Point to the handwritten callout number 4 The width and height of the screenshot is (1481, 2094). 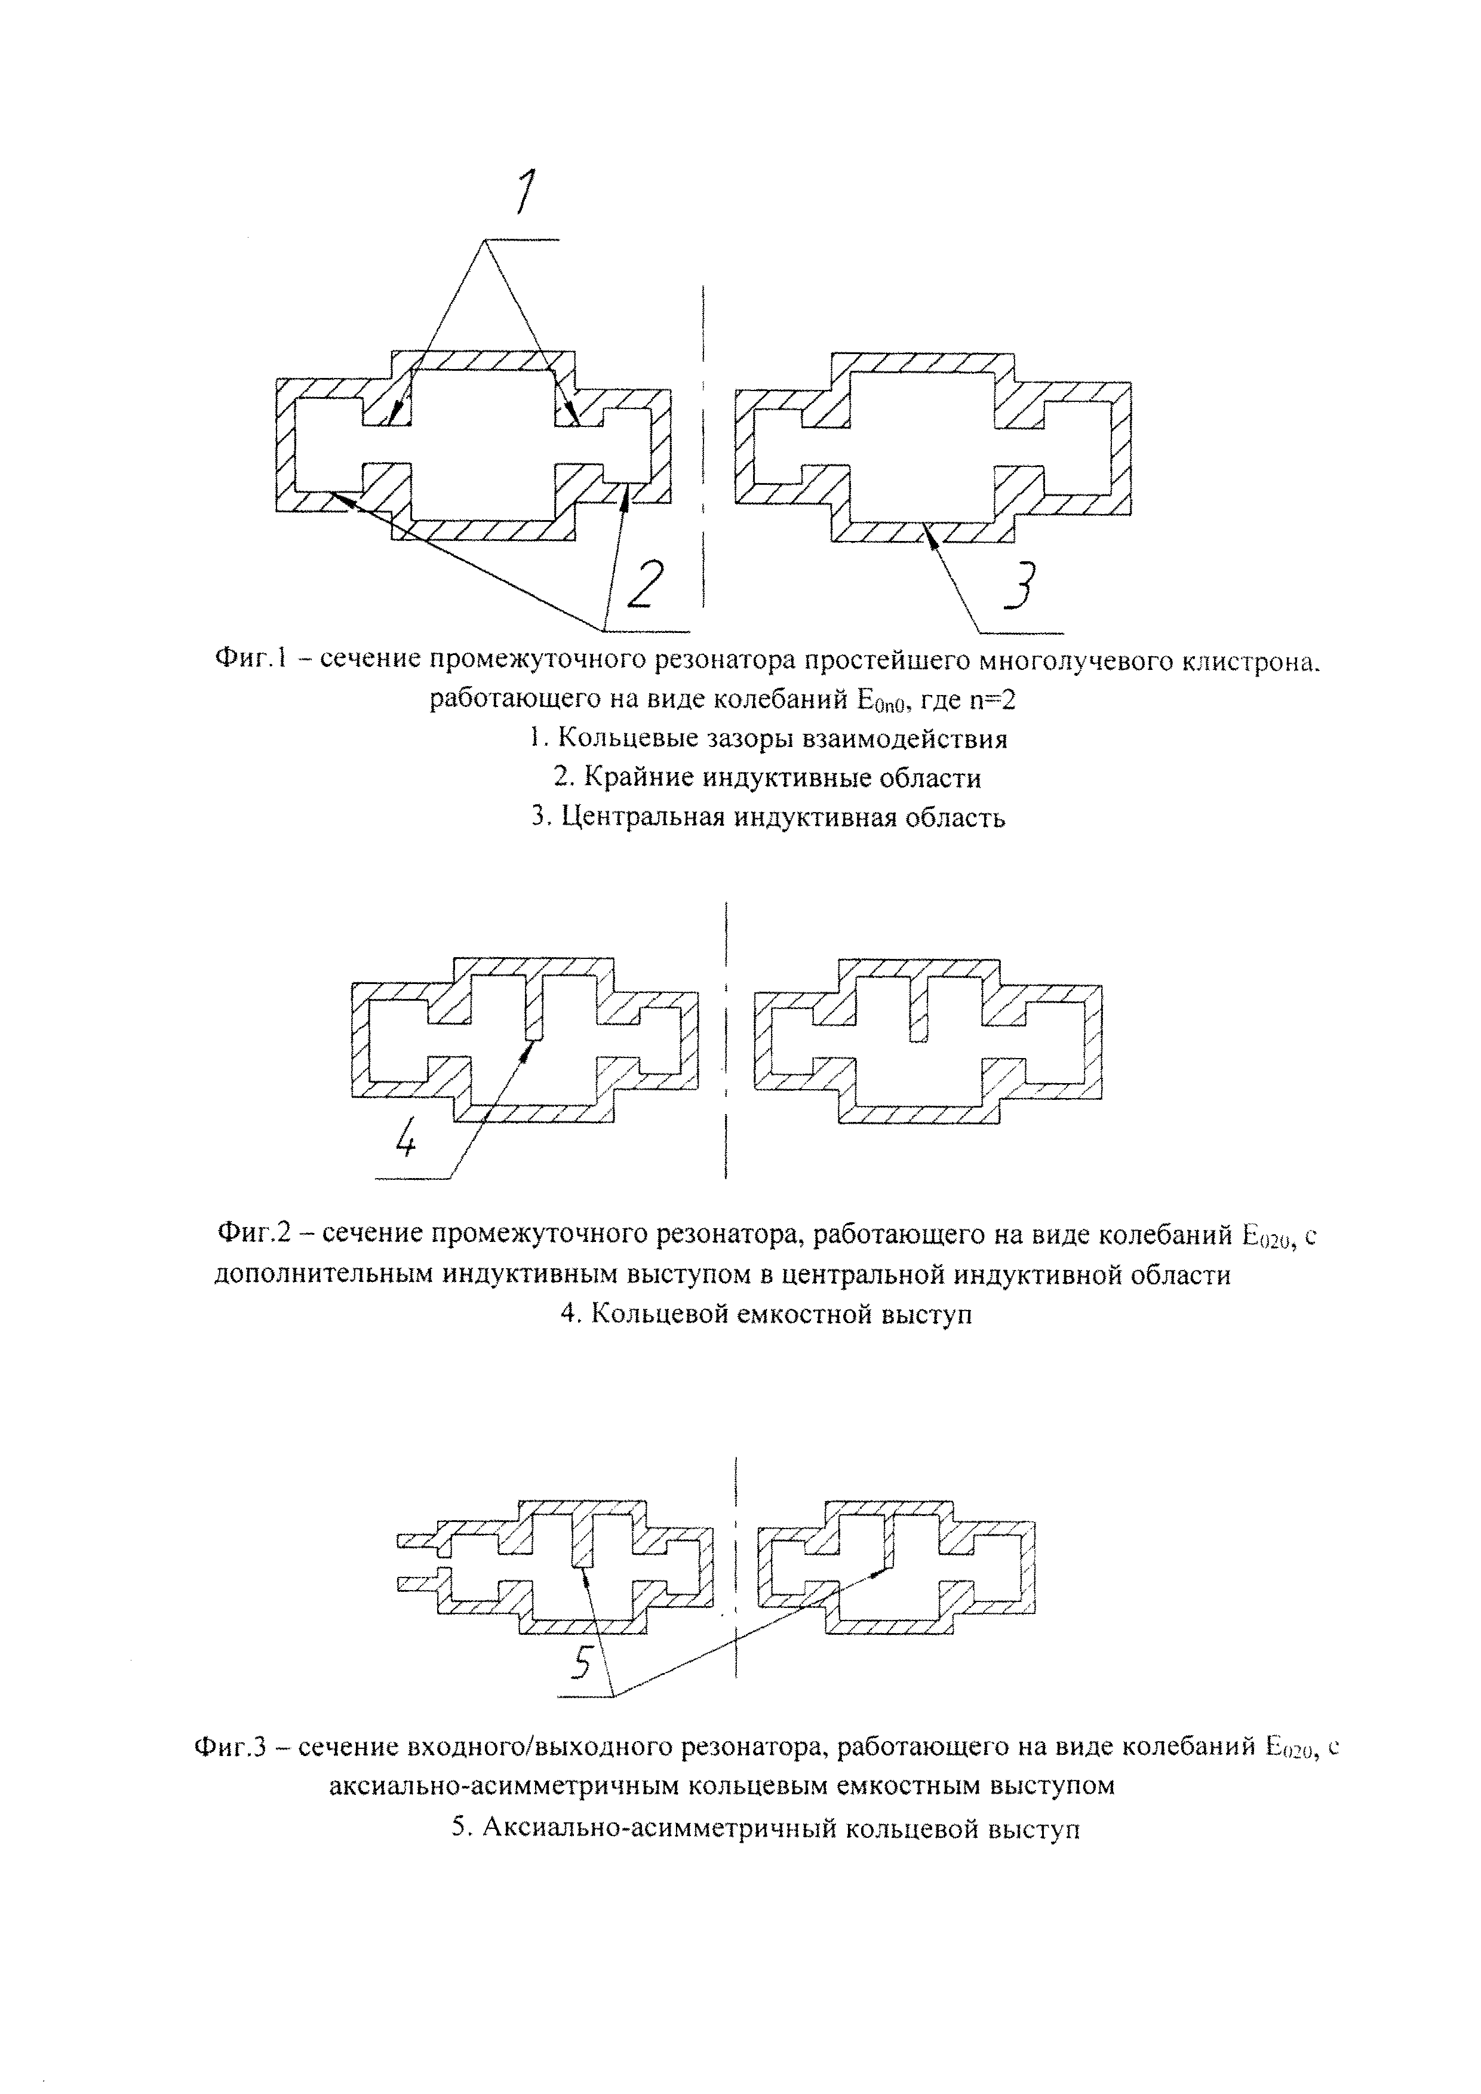coord(407,1136)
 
